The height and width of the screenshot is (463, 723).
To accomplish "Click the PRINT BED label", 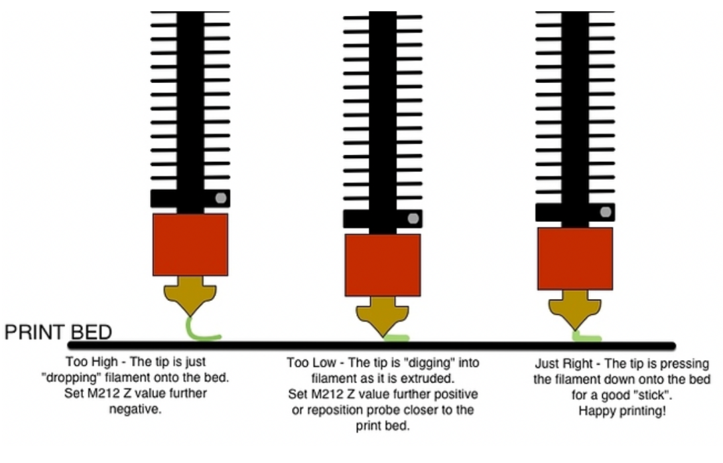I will (x=58, y=332).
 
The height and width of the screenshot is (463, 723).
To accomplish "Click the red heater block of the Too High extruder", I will (x=190, y=244).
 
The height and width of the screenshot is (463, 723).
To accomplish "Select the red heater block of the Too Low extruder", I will (x=383, y=264).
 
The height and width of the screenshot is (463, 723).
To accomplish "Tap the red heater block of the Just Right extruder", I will (x=574, y=258).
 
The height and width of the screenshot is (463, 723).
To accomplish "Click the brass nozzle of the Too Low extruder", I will (x=383, y=317).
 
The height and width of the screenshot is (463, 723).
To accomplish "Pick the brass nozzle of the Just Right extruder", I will (x=574, y=311).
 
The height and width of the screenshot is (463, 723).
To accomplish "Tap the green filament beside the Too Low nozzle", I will (x=397, y=338).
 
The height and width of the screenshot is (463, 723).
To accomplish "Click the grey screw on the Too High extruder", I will (x=220, y=197).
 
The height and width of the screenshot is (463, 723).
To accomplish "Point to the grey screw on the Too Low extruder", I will (x=413, y=218).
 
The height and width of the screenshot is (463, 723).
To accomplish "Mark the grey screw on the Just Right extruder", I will (x=605, y=211).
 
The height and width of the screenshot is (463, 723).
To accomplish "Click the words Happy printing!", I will (x=622, y=411).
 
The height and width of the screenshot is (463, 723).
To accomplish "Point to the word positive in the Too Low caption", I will (x=454, y=394).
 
